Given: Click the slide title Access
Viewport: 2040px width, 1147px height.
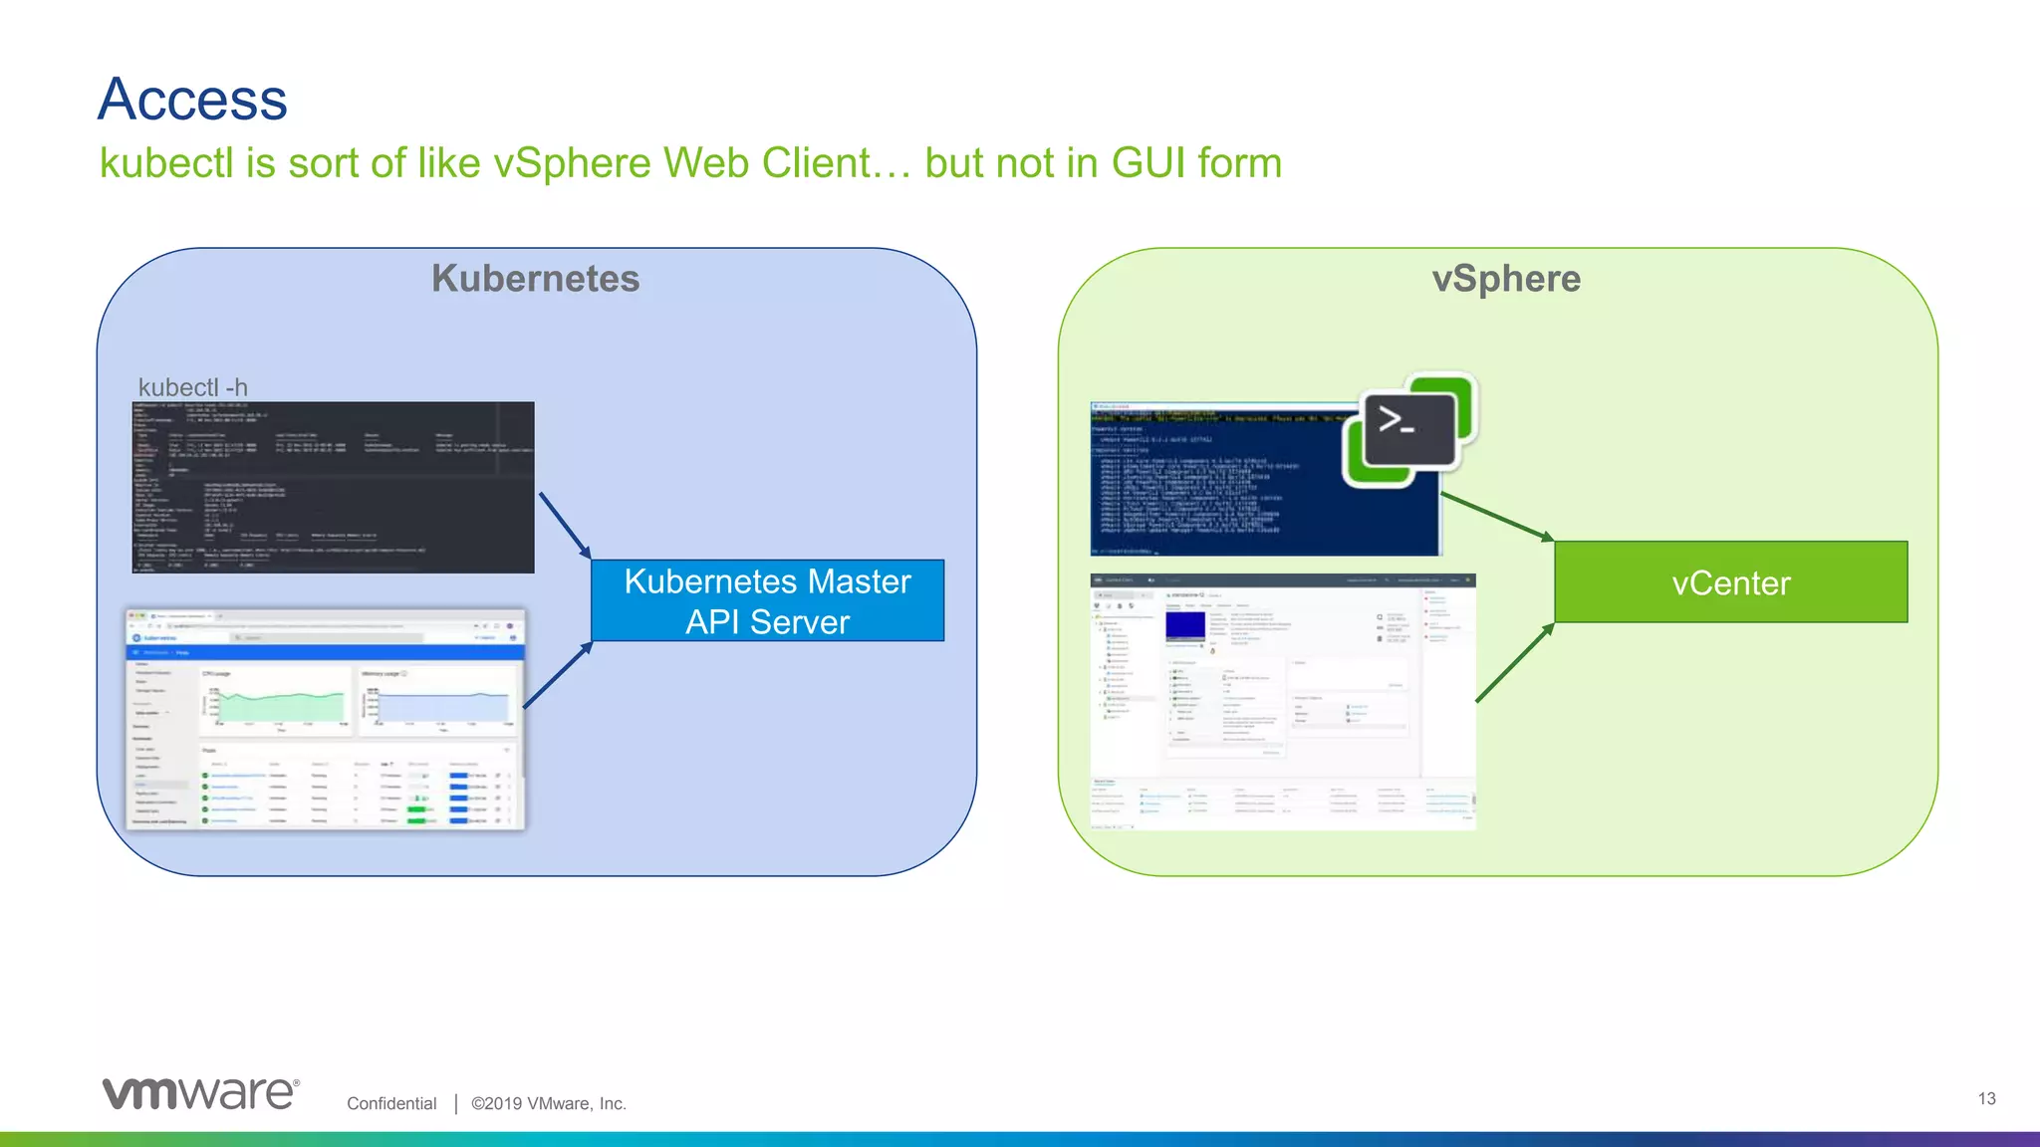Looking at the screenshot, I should coord(192,100).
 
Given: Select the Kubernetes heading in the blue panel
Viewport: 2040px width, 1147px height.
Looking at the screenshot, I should coord(535,279).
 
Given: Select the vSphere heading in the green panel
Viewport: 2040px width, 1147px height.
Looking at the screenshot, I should coord(1505,279).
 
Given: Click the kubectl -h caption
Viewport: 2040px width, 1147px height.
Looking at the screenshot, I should coord(192,387).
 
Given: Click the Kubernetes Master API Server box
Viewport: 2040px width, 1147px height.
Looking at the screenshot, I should coord(767,600).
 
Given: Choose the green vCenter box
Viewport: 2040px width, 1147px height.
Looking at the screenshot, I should coord(1730,582).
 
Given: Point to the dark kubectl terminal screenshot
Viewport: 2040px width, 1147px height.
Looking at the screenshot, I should coord(333,487).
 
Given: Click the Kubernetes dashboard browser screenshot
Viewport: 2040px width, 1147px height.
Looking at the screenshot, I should coord(325,719).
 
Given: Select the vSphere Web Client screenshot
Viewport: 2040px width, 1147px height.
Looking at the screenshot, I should coord(1282,702).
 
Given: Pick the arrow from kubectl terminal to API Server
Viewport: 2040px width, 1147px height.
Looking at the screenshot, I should coord(565,526).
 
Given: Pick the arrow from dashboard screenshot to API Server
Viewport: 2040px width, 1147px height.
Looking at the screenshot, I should coord(558,675).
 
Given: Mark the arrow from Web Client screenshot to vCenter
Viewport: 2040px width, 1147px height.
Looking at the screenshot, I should coord(1514,663).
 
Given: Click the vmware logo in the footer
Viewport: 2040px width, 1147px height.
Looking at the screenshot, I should coord(200,1092).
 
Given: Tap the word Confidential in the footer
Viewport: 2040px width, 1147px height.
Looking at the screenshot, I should coord(391,1103).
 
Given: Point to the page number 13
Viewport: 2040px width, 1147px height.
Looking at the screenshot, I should coord(1986,1098).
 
